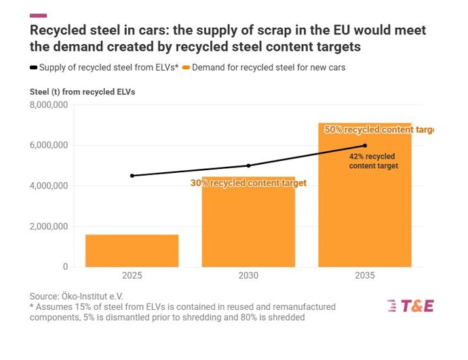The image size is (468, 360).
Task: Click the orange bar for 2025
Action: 132,251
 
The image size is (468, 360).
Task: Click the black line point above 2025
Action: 132,176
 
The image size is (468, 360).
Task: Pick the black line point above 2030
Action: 248,165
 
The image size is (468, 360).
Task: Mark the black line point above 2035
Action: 365,145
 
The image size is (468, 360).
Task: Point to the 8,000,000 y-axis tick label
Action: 48,104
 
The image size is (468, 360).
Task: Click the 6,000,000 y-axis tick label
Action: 48,145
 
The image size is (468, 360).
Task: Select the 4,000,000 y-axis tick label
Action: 48,186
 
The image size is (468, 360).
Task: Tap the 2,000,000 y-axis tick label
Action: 48,226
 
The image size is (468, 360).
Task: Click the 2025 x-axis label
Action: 132,277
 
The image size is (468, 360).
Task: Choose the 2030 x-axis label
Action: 248,277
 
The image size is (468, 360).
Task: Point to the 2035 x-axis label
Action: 365,277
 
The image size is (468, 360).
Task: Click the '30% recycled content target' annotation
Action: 248,183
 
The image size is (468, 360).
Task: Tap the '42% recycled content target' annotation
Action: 373,161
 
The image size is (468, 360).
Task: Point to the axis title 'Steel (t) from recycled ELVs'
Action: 83,92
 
